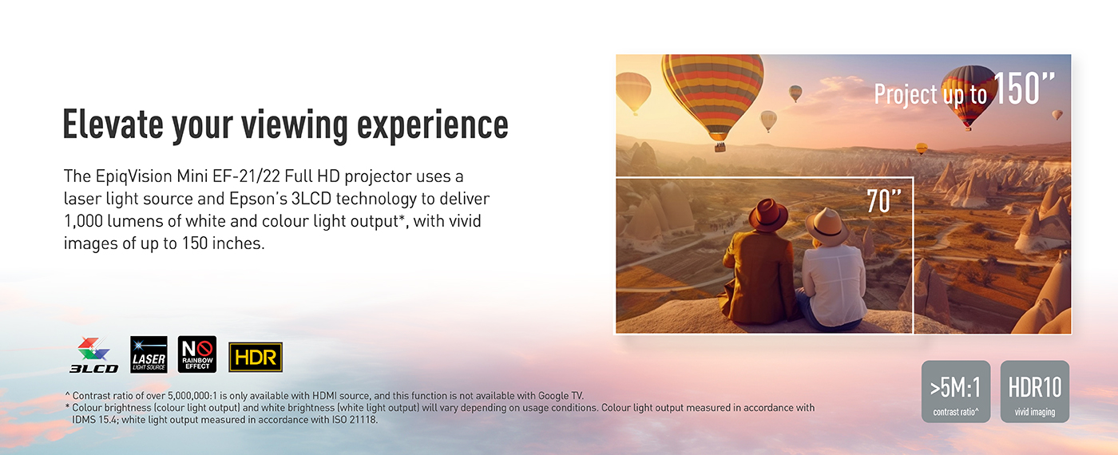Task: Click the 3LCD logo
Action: coord(94,355)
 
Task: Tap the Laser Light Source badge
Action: coord(149,354)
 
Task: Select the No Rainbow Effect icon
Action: coord(197,354)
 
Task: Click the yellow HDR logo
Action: coord(256,358)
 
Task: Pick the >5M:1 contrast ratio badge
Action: coord(956,392)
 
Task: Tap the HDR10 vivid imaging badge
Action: coord(1035,392)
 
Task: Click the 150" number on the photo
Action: coord(1024,89)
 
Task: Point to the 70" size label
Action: coord(884,201)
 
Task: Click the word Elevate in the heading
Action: coord(113,124)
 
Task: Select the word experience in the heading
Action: coord(433,126)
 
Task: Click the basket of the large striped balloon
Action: coord(720,147)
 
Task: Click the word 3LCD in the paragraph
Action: coord(311,199)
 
